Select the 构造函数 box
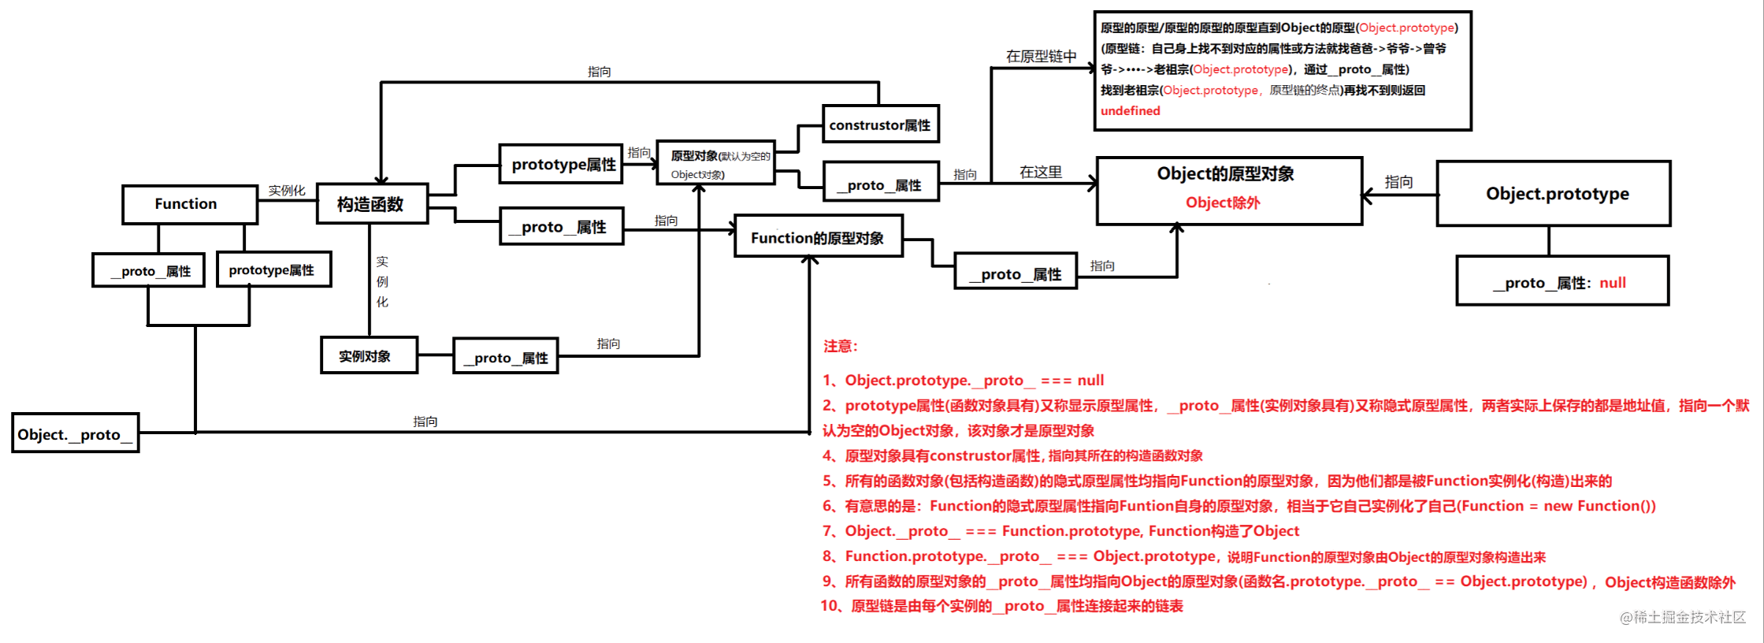[372, 204]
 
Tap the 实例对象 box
[368, 355]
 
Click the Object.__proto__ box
[76, 433]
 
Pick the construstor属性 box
[880, 125]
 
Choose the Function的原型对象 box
[818, 237]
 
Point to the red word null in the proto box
[1612, 283]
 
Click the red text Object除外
[1222, 203]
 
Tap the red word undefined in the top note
[1130, 111]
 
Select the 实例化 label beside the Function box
[287, 191]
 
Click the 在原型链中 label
[1041, 57]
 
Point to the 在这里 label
[1040, 172]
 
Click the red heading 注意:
[841, 346]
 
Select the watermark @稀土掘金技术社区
[1682, 617]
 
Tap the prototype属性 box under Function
[273, 270]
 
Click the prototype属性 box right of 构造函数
[562, 164]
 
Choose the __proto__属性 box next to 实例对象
[506, 357]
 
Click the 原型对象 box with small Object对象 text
[715, 164]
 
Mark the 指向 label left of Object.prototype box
[1398, 182]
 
